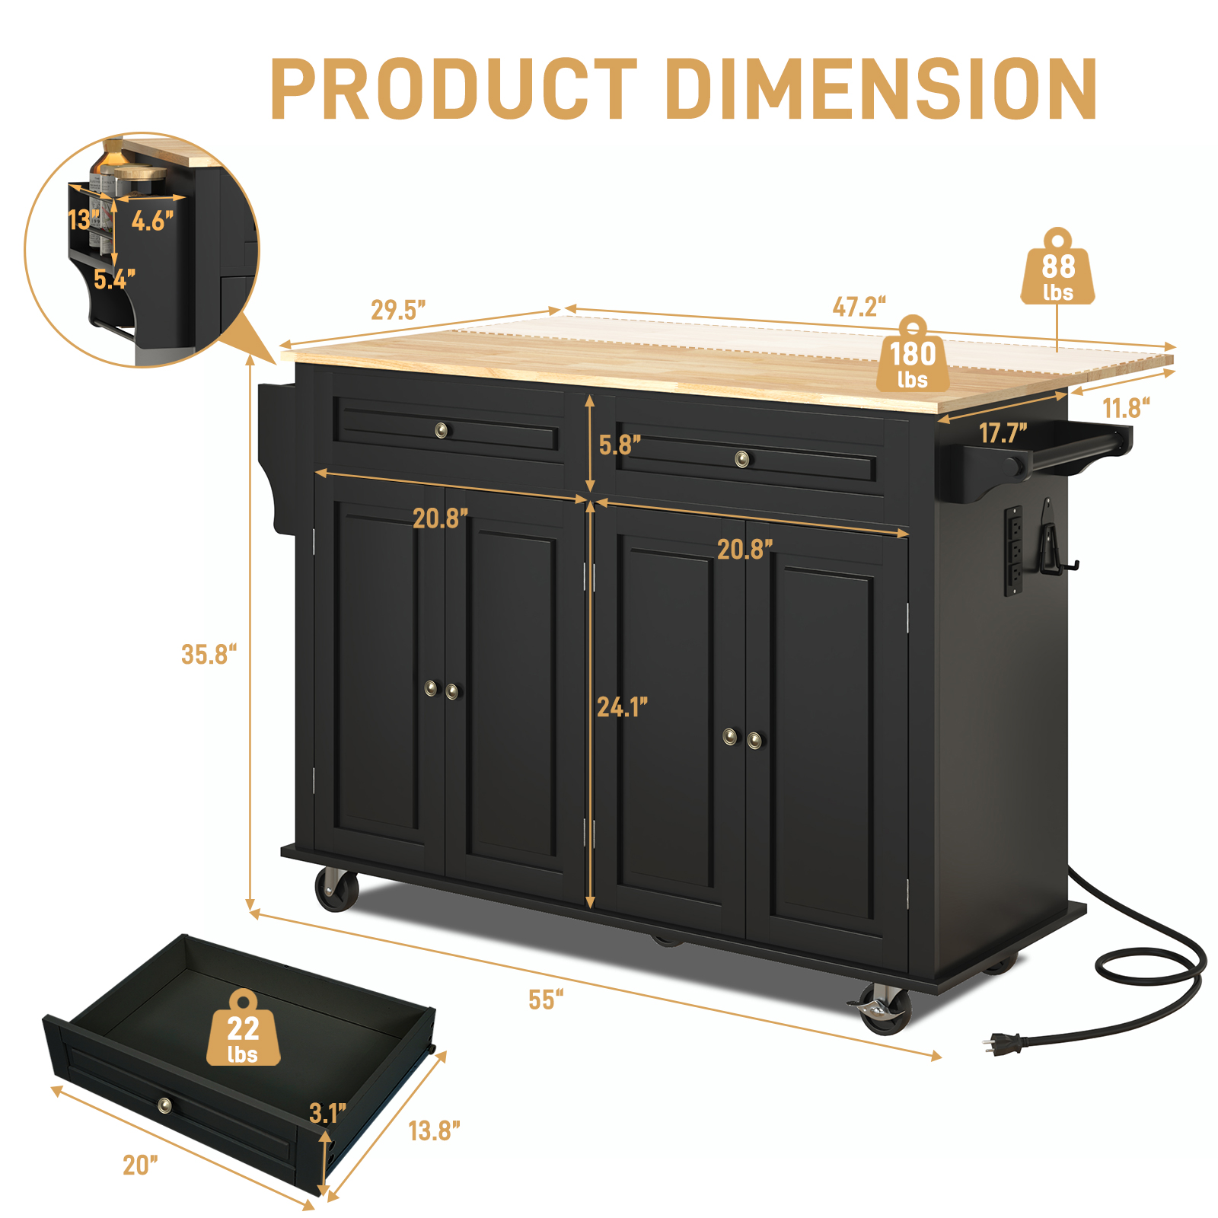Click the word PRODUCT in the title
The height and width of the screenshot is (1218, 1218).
454,89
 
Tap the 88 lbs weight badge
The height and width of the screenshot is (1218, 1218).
1057,273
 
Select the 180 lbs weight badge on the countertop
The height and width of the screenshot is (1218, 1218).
913,361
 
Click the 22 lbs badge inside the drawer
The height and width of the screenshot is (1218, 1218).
243,1035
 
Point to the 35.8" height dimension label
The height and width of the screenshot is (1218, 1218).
209,654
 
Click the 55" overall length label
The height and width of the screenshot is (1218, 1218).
546,1000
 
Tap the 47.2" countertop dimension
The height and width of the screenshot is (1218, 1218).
859,307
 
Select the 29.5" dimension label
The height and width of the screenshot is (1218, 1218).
397,310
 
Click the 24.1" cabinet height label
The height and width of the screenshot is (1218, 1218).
622,707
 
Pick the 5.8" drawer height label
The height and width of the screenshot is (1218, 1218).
619,445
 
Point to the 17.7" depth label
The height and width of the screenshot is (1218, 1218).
1003,433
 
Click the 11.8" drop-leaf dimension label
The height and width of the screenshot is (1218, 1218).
1126,408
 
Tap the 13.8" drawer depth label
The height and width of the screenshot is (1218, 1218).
434,1131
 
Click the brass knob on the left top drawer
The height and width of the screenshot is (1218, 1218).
442,431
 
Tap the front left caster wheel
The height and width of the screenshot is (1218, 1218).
336,889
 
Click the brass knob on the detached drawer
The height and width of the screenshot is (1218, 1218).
164,1105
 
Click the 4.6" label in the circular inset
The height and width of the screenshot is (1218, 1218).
152,221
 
